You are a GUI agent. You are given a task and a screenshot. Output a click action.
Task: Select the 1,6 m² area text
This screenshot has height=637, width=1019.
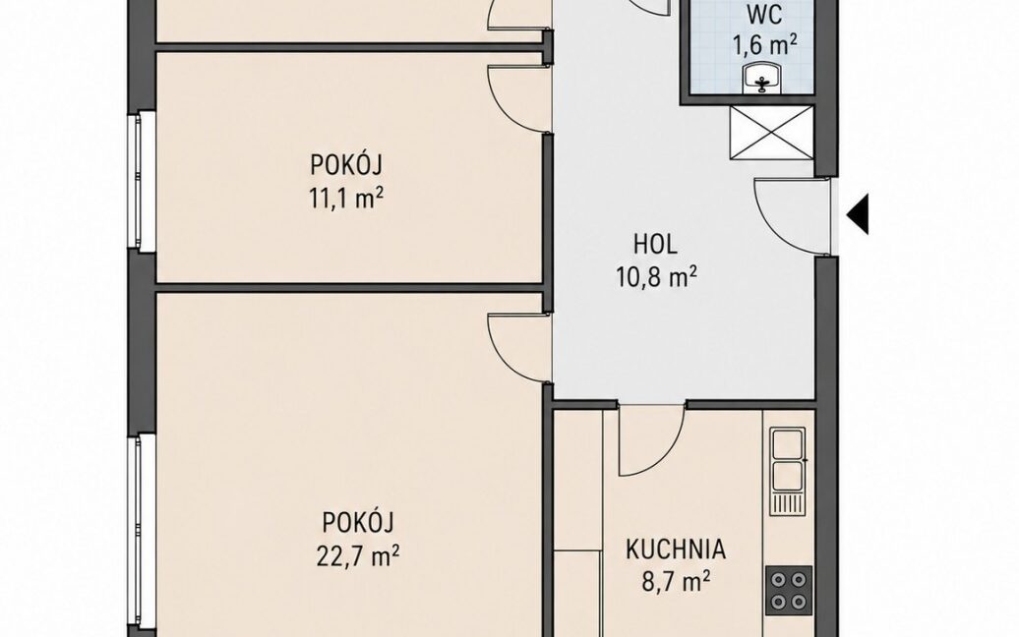tap(765, 45)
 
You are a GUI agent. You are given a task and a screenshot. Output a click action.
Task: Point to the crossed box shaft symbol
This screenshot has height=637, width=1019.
tap(771, 133)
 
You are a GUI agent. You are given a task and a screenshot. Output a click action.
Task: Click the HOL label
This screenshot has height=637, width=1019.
tap(655, 244)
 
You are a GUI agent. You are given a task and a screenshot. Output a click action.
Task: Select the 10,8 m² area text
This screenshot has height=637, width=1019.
tap(656, 278)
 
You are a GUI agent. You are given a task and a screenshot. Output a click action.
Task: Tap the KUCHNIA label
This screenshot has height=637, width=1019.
tap(675, 550)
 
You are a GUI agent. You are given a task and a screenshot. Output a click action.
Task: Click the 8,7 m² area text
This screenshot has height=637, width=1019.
tap(675, 582)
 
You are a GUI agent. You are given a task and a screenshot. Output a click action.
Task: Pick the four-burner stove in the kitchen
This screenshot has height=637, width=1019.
tap(789, 590)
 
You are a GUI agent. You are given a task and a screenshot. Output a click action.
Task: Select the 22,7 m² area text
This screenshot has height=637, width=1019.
tap(357, 555)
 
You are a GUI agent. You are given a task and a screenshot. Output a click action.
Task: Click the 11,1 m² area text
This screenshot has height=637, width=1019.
tap(345, 198)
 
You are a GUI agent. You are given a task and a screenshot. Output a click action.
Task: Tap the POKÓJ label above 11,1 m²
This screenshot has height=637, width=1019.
tap(345, 165)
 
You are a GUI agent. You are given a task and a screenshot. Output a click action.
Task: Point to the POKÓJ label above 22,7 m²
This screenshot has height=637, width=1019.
tap(358, 522)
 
